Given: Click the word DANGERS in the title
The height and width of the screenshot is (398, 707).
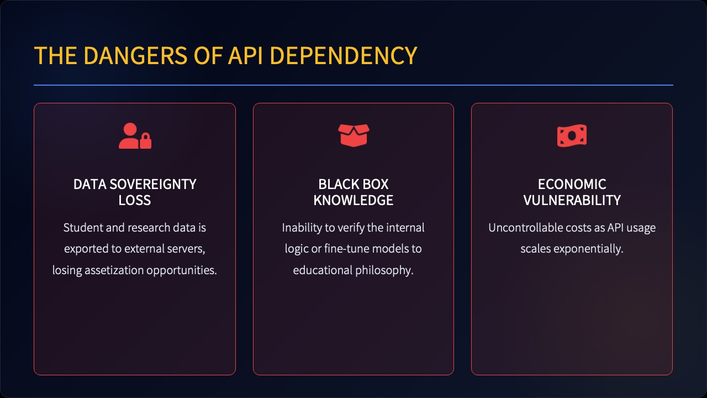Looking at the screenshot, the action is [x=135, y=56].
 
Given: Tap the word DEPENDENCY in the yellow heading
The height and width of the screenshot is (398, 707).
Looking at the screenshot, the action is [x=344, y=56].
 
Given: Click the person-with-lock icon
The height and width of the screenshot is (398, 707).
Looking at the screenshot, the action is [x=135, y=136].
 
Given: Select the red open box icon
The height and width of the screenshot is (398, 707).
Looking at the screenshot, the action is [x=353, y=135].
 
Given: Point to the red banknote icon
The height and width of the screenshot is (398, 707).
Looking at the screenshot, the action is [x=572, y=136].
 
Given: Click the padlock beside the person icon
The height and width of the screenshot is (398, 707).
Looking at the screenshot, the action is [x=145, y=141].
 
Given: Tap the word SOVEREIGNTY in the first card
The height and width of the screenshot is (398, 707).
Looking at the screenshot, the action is [x=153, y=185].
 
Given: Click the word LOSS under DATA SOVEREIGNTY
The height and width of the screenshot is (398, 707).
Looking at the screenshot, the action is [x=135, y=200].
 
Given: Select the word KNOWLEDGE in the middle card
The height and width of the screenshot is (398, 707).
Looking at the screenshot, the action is [x=353, y=200].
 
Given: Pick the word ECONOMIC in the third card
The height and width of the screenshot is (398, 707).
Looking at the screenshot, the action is [x=572, y=185].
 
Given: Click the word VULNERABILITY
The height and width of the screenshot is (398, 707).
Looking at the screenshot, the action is [x=572, y=200].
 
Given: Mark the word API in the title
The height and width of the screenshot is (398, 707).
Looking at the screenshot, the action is [x=245, y=56].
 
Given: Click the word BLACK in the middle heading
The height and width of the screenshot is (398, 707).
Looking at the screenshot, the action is [x=335, y=185].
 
